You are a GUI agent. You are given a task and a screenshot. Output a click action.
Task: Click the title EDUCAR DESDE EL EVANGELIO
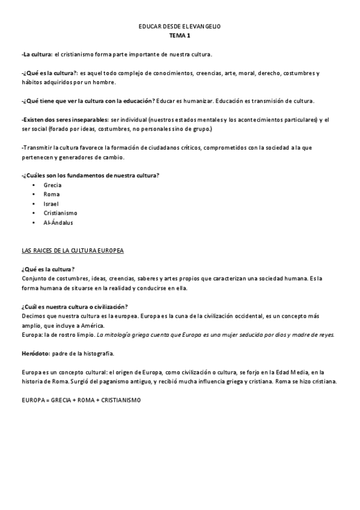(180, 28)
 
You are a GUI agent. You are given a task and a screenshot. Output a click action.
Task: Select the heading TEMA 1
(180, 36)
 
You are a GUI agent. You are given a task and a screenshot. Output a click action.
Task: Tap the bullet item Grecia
(52, 185)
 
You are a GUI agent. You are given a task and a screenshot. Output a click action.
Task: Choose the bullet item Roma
(52, 194)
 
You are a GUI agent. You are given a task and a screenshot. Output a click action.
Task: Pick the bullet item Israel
(51, 204)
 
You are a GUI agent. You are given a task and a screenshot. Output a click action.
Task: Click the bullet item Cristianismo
(60, 213)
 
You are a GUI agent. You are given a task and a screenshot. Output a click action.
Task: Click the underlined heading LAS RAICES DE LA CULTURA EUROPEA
(72, 250)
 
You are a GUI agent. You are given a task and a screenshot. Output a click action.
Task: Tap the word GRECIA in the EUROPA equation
(63, 399)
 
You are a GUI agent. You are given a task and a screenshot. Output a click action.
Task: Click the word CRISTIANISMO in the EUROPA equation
(120, 399)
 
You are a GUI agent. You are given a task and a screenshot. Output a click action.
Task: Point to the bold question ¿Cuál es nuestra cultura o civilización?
(75, 306)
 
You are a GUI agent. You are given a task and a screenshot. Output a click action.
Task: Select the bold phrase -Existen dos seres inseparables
(64, 120)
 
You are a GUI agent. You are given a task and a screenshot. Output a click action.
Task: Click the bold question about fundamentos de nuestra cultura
(90, 176)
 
